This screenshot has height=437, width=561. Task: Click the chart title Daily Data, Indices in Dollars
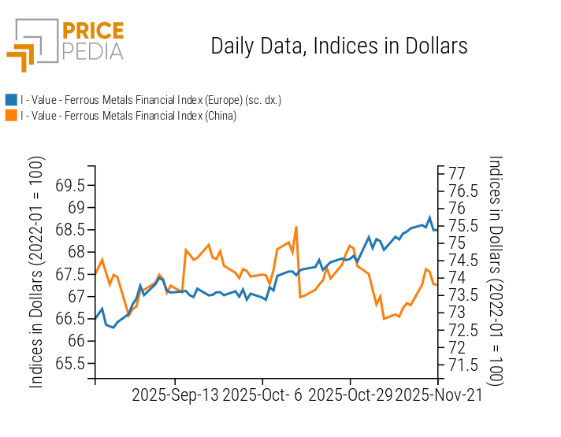(x=339, y=46)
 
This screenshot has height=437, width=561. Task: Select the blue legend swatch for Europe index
(x=11, y=100)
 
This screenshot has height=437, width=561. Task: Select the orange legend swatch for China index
(x=11, y=116)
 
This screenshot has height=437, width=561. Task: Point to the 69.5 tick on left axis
(x=71, y=186)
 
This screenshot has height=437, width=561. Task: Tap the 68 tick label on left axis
(x=76, y=253)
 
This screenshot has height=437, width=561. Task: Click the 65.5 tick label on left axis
(x=71, y=364)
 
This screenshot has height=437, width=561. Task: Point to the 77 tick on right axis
(x=457, y=173)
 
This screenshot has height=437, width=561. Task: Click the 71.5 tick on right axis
(x=463, y=365)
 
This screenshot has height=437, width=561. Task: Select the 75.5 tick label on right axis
(x=463, y=226)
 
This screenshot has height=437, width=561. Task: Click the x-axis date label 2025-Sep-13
(x=176, y=395)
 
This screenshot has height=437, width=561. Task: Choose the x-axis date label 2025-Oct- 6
(x=262, y=395)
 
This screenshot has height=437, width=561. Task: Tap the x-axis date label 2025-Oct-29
(x=350, y=395)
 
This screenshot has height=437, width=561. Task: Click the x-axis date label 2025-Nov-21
(x=437, y=395)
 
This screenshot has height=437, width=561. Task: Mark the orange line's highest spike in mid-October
(x=295, y=228)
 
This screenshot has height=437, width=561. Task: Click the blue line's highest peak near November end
(x=429, y=217)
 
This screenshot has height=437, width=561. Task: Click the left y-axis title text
(x=37, y=272)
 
